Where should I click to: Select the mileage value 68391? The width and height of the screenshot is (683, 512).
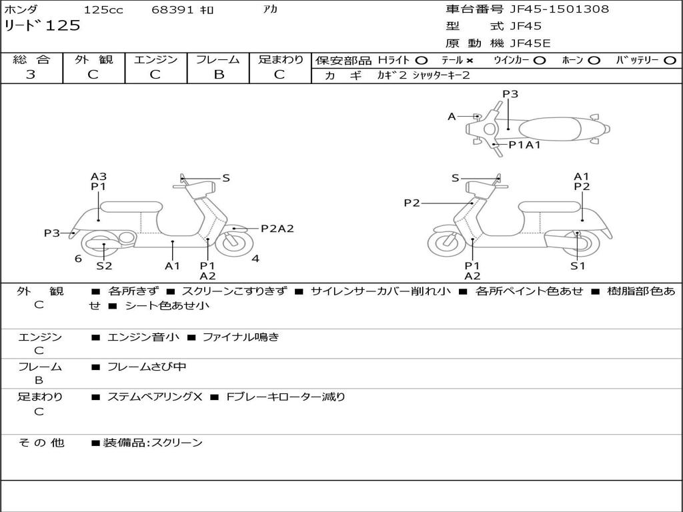[x=173, y=10]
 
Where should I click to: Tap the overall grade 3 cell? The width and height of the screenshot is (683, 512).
[x=31, y=75]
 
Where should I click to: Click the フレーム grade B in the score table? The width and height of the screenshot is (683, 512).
[x=218, y=75]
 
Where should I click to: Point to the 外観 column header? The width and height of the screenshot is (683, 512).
[x=93, y=59]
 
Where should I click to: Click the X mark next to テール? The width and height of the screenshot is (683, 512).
[x=471, y=60]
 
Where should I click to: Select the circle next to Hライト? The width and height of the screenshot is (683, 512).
[x=422, y=60]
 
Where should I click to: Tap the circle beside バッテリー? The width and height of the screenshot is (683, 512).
[x=670, y=60]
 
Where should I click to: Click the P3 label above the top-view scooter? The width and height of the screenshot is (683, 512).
[x=510, y=94]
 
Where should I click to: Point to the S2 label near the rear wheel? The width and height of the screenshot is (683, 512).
[x=104, y=265]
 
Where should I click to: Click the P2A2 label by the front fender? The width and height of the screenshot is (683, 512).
[x=277, y=229]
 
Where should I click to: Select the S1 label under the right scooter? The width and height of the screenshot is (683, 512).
[x=577, y=265]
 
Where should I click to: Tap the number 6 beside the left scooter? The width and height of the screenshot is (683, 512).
[x=78, y=259]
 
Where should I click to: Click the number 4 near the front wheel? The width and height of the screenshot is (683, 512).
[x=255, y=259]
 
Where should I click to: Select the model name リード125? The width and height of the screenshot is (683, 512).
[x=42, y=26]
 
